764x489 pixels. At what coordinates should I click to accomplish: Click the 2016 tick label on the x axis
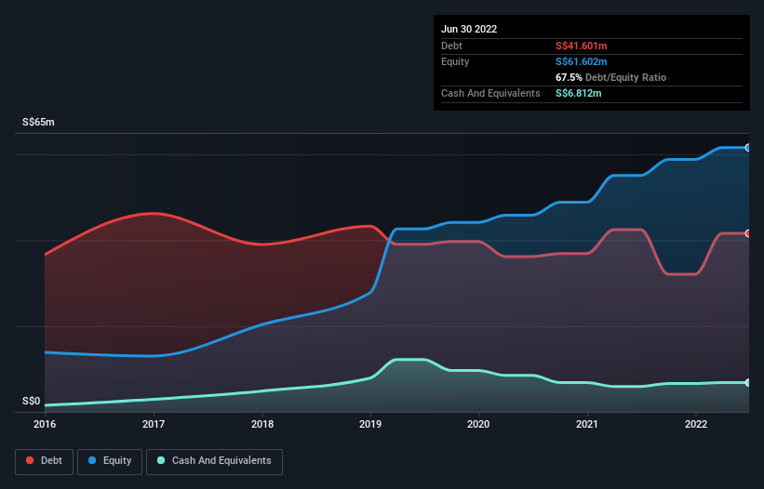point(45,424)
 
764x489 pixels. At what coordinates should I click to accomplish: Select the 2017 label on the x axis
point(154,424)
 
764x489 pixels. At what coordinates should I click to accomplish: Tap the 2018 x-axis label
point(262,424)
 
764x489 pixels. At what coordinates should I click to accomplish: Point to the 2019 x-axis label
point(370,424)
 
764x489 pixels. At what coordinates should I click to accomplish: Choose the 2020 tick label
point(479,424)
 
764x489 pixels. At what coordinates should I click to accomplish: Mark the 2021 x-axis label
point(588,424)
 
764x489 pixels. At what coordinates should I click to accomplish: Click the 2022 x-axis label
point(696,424)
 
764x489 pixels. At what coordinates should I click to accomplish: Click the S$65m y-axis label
point(39,123)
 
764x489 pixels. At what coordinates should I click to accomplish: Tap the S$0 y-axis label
point(32,402)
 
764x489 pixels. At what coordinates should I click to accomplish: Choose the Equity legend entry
point(110,460)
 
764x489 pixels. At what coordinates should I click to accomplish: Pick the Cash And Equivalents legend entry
point(214,460)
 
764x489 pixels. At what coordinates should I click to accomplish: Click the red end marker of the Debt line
point(747,233)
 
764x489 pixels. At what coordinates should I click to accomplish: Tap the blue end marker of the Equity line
point(747,148)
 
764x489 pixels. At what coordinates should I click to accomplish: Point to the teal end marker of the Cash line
point(747,382)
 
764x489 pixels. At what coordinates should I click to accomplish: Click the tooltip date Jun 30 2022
point(469,29)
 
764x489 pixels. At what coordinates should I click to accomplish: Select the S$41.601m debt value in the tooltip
point(582,46)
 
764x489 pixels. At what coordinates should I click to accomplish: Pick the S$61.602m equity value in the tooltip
point(582,61)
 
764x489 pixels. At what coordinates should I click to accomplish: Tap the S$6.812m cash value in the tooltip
point(579,93)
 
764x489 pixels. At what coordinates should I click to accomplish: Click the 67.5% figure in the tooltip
point(570,77)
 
